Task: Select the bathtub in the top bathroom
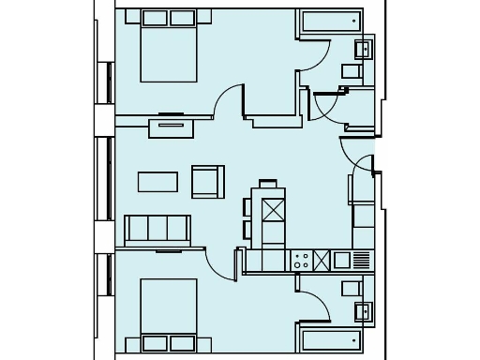[329, 22]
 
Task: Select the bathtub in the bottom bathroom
[329, 337]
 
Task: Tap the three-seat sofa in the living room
[157, 229]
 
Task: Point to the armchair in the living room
[207, 181]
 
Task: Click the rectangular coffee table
[157, 181]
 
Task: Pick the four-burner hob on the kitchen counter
[302, 260]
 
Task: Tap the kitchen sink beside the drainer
[342, 260]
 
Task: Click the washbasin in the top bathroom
[364, 49]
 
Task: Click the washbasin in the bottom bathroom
[364, 310]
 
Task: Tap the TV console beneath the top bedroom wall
[170, 126]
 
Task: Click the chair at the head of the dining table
[268, 184]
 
